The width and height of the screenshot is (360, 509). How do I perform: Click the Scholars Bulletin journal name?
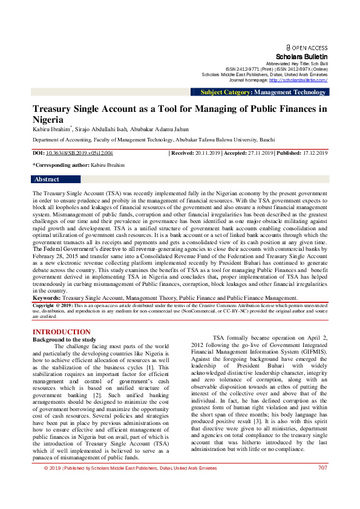(x=301, y=56)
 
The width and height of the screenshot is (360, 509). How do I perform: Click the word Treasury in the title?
(x=53, y=109)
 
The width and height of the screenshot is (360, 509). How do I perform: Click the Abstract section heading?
(x=47, y=180)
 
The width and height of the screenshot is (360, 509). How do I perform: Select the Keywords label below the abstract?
(x=47, y=298)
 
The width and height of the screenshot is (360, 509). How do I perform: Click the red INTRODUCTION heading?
(x=61, y=332)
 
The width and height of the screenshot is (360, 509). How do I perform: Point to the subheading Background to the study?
(x=64, y=340)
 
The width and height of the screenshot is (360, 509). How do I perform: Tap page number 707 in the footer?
(x=322, y=501)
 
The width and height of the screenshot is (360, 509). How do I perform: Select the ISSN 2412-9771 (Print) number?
(x=249, y=69)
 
